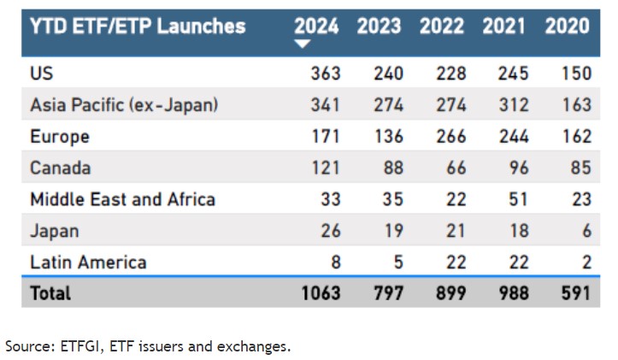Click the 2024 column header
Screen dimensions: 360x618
pos(316,26)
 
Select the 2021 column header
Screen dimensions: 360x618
pos(504,26)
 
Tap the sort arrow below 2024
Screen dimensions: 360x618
pos(301,44)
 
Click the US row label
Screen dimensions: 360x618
pos(42,74)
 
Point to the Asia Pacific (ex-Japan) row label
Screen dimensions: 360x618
pos(124,105)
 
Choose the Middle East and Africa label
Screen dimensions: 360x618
pos(122,200)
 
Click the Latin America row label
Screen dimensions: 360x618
pos(88,263)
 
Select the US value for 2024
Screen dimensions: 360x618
pos(324,74)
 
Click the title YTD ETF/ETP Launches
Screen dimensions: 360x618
pos(138,26)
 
